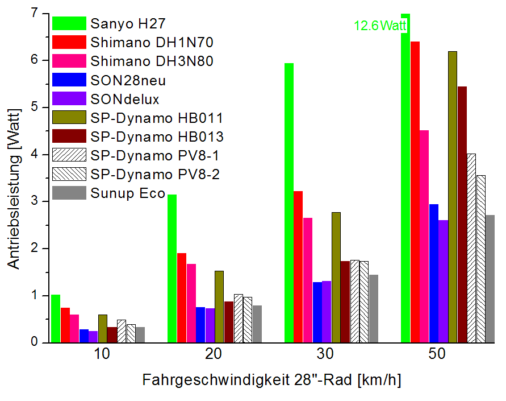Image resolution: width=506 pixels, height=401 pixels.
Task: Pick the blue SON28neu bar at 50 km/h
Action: pos(433,273)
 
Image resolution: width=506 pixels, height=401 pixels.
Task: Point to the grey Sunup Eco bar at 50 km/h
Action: pos(490,279)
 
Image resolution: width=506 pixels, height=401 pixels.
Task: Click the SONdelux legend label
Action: pos(125,98)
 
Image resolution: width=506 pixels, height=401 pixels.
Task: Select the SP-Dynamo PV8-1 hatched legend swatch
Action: pos(69,155)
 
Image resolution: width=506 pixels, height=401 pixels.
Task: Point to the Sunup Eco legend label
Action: pos(128,193)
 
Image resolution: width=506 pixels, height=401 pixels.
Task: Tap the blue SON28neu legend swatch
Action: pos(69,80)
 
